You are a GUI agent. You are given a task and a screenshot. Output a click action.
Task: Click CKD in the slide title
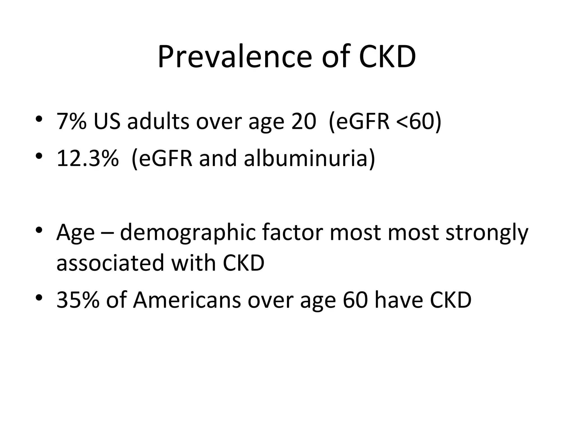[x=387, y=57]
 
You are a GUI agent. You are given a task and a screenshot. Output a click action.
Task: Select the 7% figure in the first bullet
[x=71, y=121]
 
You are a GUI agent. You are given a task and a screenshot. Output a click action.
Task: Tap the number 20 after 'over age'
[x=304, y=121]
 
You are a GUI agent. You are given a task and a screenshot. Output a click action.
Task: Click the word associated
[x=110, y=263]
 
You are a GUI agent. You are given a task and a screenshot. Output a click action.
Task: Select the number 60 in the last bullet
[x=355, y=300]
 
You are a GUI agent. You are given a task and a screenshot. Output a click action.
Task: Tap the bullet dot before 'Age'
[x=39, y=230]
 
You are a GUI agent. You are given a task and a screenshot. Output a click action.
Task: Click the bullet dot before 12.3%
[x=39, y=156]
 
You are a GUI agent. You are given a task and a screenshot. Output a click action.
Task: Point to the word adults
[x=158, y=121]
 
